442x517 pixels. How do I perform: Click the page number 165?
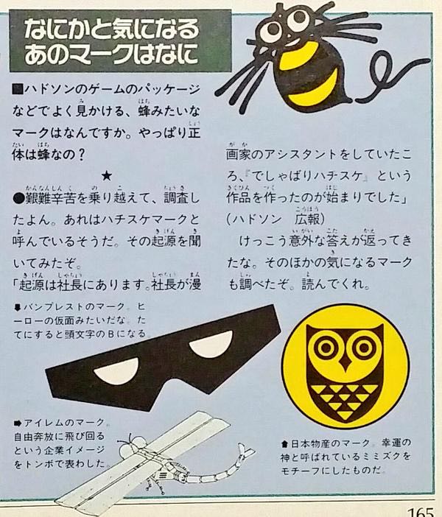click(421, 512)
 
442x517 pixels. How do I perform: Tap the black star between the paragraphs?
click(106, 176)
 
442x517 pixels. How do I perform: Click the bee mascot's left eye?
click(273, 29)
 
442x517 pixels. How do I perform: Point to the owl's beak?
click(345, 362)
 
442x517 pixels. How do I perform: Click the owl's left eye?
click(326, 347)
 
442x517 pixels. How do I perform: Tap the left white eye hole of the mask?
click(116, 371)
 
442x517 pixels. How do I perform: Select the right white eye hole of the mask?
click(211, 344)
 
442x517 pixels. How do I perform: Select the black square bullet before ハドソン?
click(18, 90)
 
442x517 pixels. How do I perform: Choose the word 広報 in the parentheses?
click(307, 219)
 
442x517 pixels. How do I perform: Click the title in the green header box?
click(112, 41)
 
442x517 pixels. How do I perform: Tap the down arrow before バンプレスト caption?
click(18, 308)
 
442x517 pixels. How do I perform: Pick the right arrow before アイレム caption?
click(18, 423)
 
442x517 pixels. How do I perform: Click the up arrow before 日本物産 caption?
click(285, 444)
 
